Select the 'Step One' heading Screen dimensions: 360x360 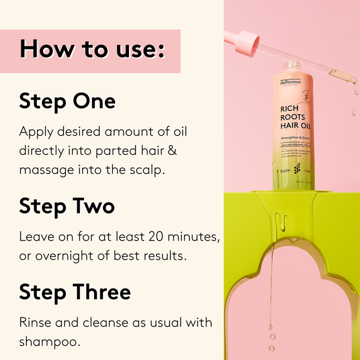point(67,100)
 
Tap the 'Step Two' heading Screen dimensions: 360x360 point(67,206)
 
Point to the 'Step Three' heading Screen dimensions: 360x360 point(74,292)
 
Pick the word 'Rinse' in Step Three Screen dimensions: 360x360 point(35,322)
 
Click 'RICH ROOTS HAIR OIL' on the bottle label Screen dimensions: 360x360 point(295,118)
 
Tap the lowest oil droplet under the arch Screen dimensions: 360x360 point(272,347)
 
